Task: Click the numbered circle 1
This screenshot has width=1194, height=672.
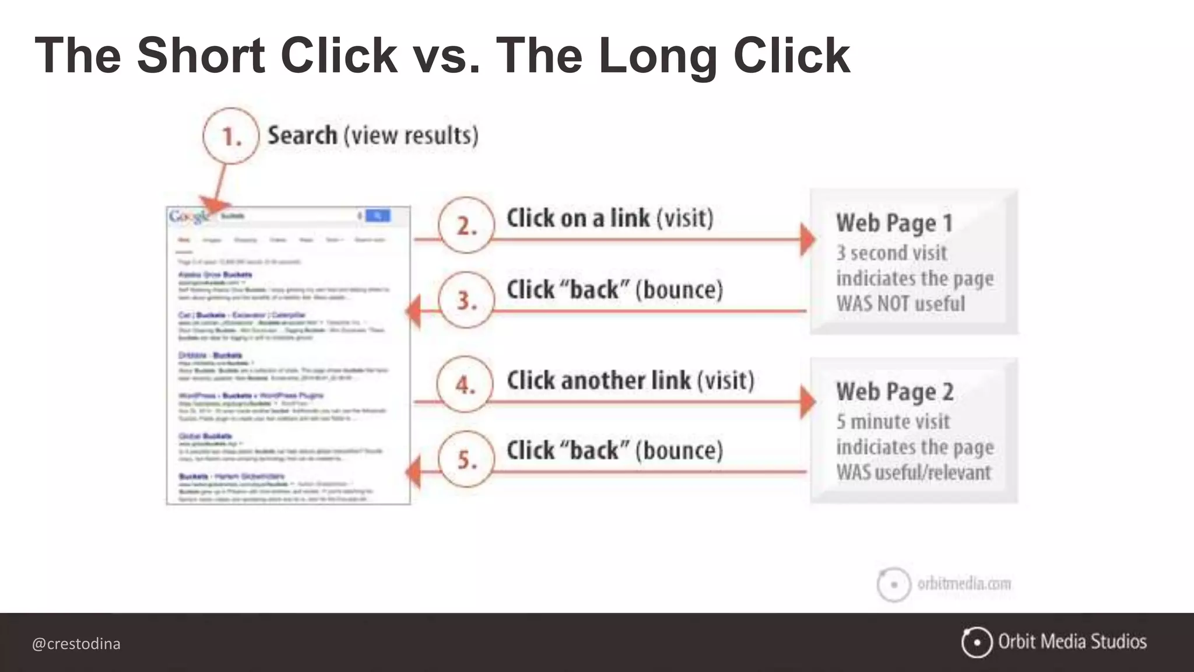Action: point(231,136)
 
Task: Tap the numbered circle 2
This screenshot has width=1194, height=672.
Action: point(466,225)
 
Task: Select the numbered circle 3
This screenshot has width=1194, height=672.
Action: point(466,300)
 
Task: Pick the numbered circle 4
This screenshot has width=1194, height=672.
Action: point(465,384)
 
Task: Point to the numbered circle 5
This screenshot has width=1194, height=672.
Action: point(466,459)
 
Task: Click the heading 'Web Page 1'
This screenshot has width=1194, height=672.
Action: point(894,223)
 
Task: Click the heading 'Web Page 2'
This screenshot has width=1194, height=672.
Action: point(894,392)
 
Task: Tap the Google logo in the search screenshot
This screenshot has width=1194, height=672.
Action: point(188,216)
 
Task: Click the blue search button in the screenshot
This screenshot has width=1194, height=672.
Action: point(378,216)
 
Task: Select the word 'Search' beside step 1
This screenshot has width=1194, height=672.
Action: point(302,135)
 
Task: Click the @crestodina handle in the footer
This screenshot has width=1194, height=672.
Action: point(76,644)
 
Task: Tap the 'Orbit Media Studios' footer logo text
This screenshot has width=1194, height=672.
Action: point(1072,642)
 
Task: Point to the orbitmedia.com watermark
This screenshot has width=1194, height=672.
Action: point(964,583)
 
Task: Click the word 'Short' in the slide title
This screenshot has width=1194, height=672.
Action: point(201,56)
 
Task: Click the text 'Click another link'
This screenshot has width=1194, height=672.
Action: point(599,380)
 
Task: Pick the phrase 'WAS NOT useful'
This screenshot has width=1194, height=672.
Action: point(900,304)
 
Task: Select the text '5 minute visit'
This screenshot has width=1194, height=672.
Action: point(893,421)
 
